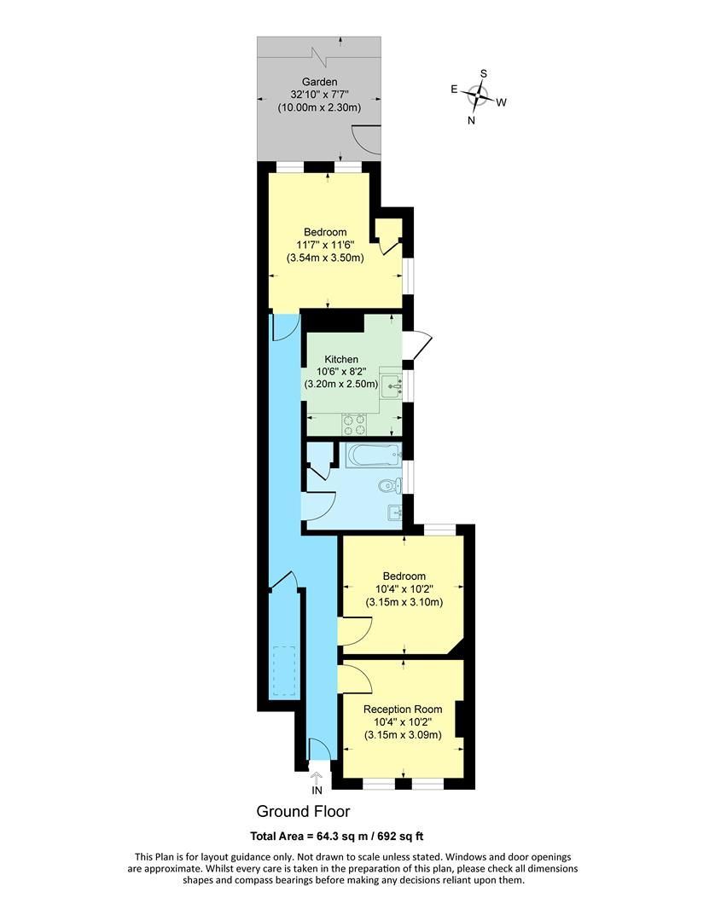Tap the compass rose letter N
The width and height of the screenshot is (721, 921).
[x=471, y=120]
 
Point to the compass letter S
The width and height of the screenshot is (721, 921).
[x=483, y=73]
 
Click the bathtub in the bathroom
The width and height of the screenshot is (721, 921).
[x=373, y=455]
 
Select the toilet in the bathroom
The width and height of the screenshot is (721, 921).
[x=388, y=487]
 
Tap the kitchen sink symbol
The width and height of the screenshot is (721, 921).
[x=392, y=386]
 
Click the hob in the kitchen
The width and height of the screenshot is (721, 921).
[x=354, y=422]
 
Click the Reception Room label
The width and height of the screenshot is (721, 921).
[x=402, y=709]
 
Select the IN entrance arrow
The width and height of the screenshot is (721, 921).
[x=317, y=779]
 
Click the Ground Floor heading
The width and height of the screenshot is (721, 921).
[x=303, y=811]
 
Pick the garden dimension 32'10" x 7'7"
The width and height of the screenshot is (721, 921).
[x=319, y=95]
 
